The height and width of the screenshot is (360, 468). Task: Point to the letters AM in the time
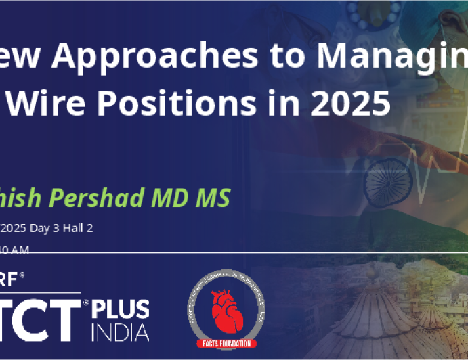20,250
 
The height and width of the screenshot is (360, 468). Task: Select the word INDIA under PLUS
120,332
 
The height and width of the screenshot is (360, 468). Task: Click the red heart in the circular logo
226,313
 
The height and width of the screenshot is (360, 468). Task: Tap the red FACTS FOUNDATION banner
227,344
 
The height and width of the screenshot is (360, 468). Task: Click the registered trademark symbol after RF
22,275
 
